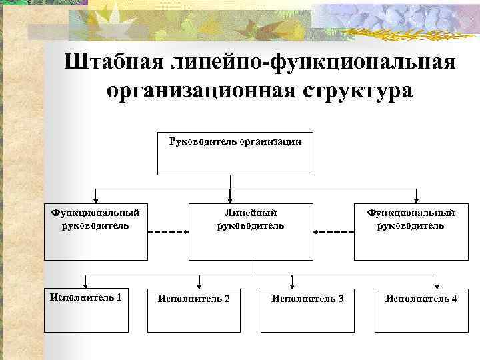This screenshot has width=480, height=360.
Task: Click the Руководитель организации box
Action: (x=230, y=153)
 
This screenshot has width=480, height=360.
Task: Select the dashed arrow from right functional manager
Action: (x=333, y=232)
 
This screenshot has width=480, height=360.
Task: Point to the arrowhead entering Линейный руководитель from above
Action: (x=230, y=198)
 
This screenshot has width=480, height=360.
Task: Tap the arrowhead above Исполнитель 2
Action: (x=198, y=284)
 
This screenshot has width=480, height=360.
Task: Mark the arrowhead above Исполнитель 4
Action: (x=437, y=284)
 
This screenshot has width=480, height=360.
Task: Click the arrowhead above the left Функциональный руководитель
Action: (x=96, y=198)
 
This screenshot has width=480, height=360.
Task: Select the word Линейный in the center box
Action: (x=250, y=213)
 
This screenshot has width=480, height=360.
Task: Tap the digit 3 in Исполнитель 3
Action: (x=341, y=299)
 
